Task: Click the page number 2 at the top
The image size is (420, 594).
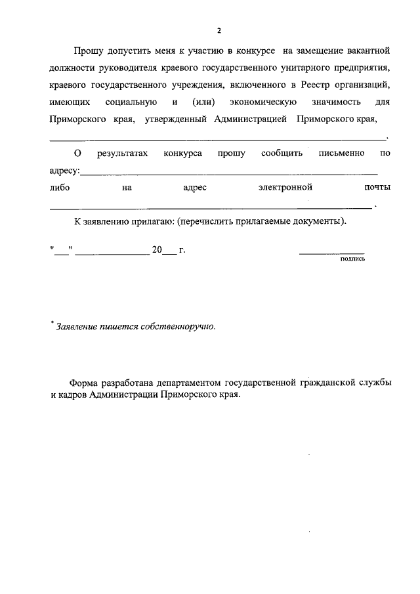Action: point(219,30)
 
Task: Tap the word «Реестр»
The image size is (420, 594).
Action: point(320,85)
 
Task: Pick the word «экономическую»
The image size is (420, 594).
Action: point(264,102)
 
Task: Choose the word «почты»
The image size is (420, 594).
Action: point(377,188)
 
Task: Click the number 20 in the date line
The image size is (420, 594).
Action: point(157,250)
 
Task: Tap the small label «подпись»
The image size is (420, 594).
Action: point(352,259)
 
